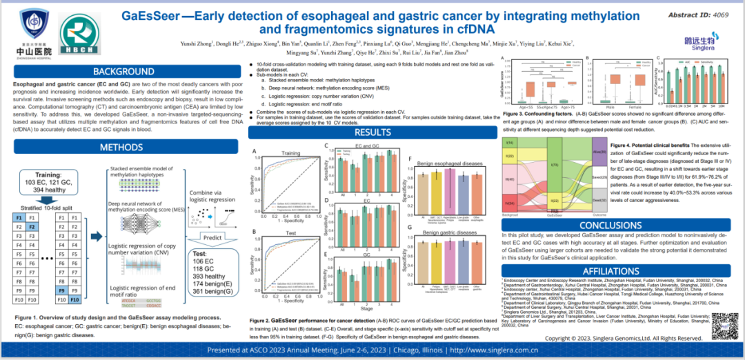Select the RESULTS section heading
[x=373, y=132]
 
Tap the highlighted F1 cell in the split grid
[x=19, y=216]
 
